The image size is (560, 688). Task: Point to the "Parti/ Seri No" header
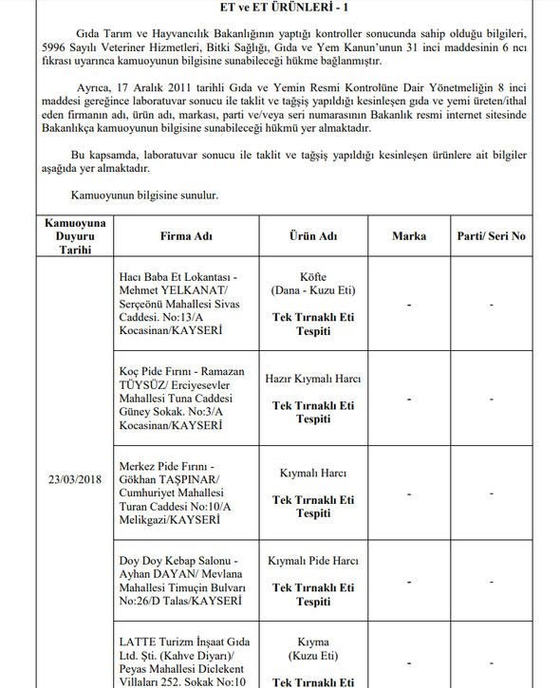coord(492,235)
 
